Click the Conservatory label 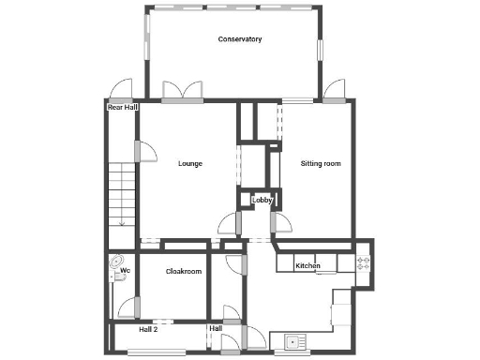pos(239,39)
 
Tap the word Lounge pos(190,164)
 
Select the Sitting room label pos(320,164)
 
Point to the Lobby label pos(262,199)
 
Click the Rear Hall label pos(122,108)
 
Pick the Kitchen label pos(308,267)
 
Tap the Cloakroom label pos(184,272)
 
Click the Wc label pos(124,272)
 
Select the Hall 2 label pos(148,330)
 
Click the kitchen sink pos(292,342)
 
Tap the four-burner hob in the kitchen pos(364,263)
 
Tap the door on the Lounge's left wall pos(138,150)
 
